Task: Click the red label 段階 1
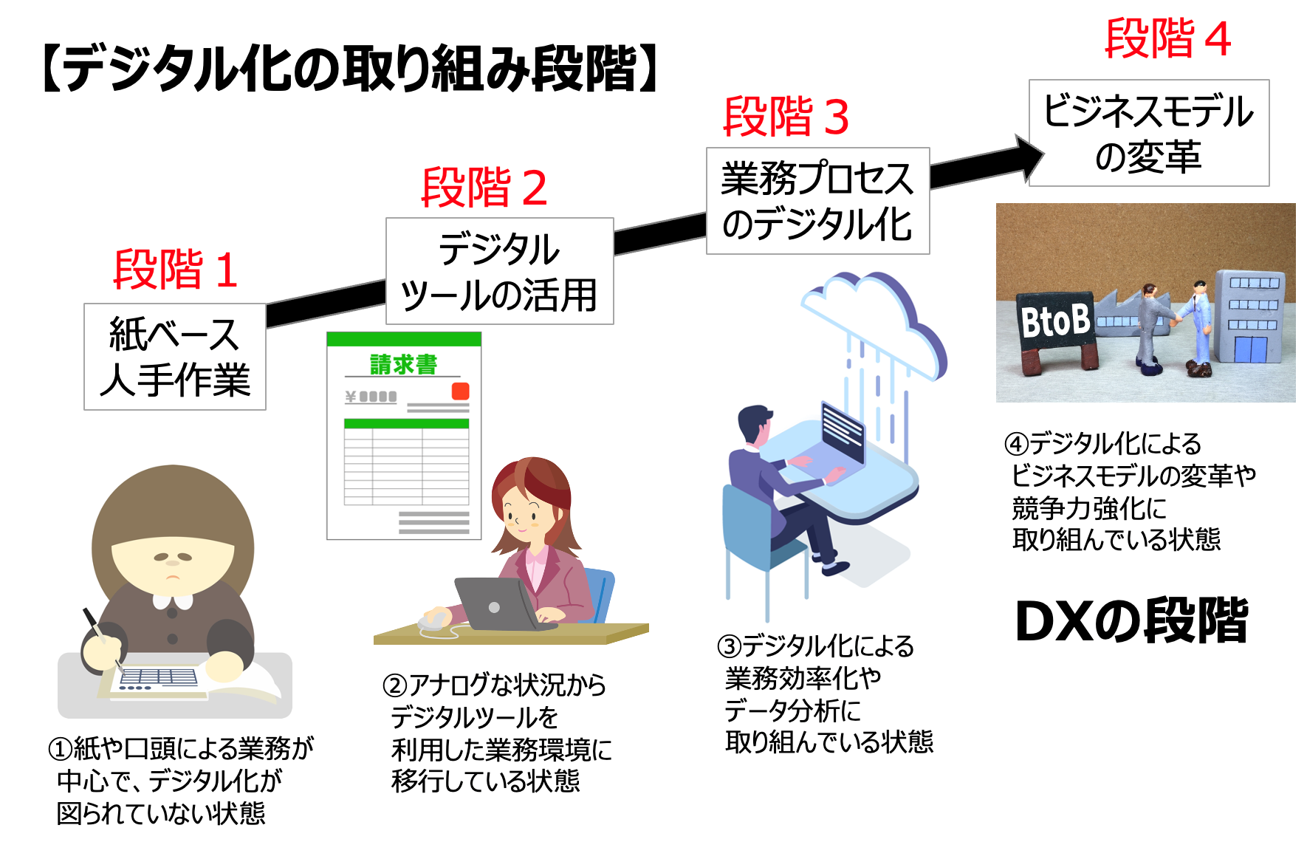pos(175,270)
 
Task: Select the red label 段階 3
pos(786,117)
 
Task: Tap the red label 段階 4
pos(1167,38)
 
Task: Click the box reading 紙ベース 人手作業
pos(175,357)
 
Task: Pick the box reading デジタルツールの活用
pos(499,271)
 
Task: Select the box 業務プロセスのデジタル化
pos(817,201)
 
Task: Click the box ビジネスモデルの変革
pos(1148,133)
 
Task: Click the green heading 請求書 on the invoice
pos(403,364)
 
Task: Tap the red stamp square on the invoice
pos(460,391)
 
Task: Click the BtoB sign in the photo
pos(1054,321)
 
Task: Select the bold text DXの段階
pos(1131,621)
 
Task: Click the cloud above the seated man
pos(875,318)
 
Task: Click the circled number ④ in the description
pos(1017,444)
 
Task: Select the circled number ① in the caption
pos(61,749)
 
